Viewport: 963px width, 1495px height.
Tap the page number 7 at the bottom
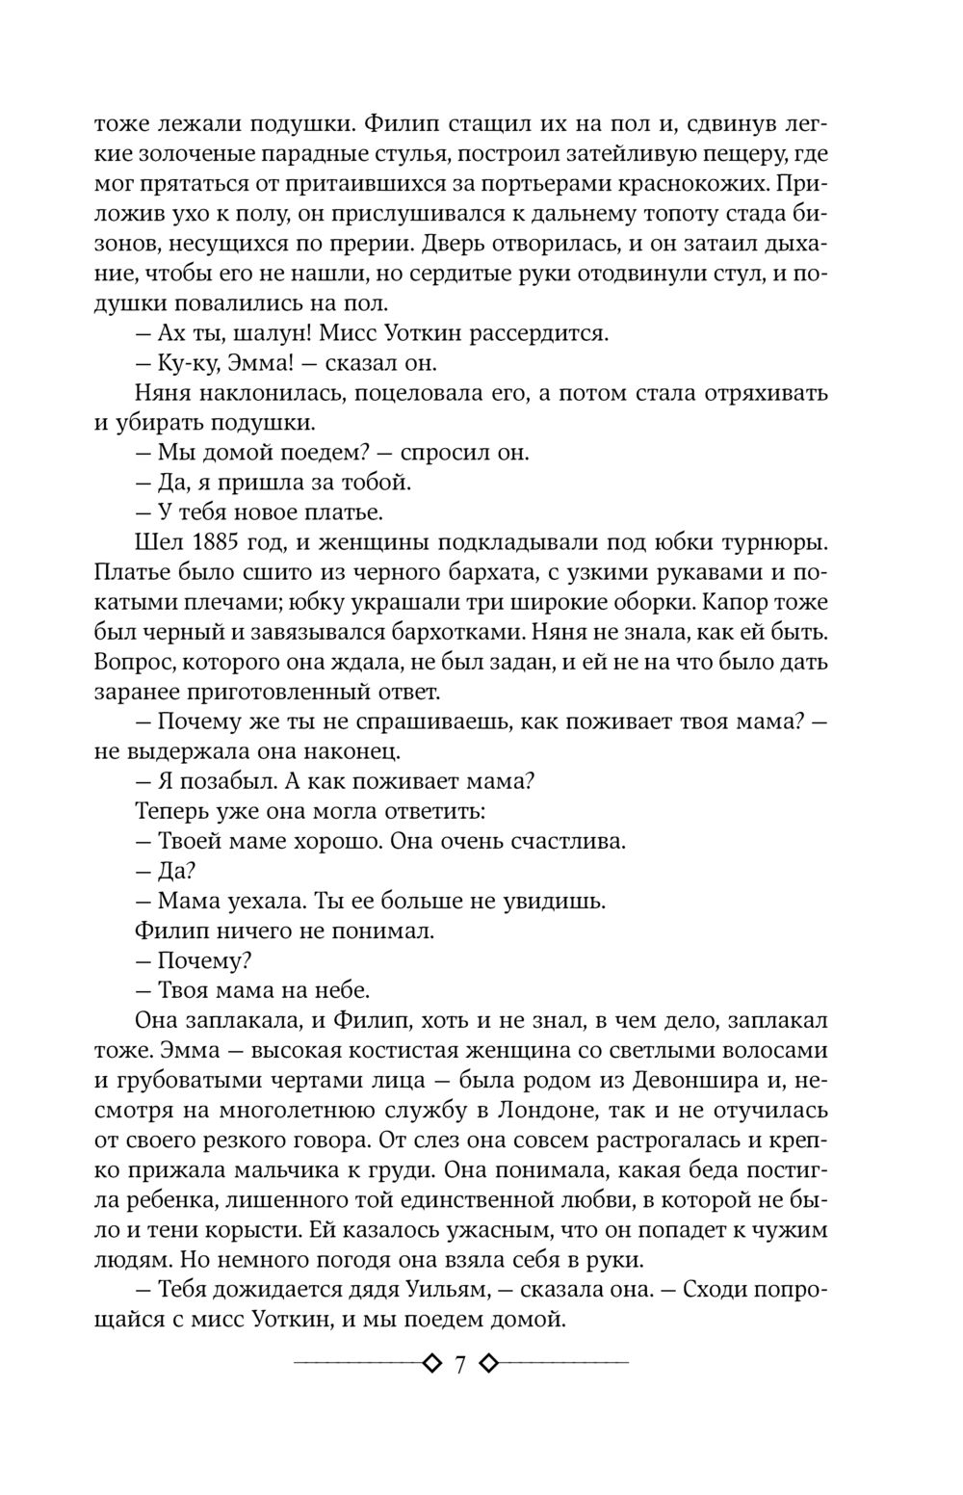coord(459,1365)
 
